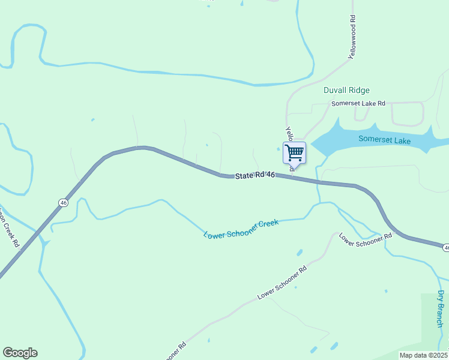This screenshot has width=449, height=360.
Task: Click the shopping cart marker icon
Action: [x=294, y=152]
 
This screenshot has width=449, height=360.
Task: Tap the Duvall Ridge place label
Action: [x=346, y=90]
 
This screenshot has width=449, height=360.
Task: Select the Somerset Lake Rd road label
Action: [x=358, y=104]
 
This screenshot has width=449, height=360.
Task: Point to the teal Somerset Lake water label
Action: [x=384, y=139]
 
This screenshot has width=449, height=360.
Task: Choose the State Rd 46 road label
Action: [x=255, y=175]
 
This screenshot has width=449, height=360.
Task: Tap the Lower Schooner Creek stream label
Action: [x=241, y=229]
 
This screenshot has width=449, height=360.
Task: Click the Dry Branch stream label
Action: [x=441, y=308]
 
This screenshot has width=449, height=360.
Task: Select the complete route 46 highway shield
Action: [x=63, y=203]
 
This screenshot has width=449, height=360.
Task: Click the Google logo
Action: [x=20, y=353]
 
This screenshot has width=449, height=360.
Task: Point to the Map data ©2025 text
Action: [x=424, y=355]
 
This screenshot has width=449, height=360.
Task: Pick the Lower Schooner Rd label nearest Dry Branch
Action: [x=366, y=239]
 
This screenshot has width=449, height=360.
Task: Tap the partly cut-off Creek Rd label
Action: [x=9, y=227]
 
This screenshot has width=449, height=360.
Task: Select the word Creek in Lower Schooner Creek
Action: [x=268, y=224]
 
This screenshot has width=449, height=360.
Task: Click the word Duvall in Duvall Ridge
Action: [x=334, y=90]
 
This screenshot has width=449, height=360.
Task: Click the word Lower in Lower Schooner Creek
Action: [x=214, y=233]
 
